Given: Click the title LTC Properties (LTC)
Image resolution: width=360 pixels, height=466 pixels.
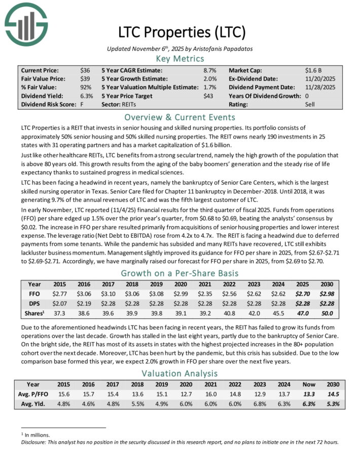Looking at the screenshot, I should pos(182,32).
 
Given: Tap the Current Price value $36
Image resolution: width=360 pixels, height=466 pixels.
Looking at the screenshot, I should pos(85,70).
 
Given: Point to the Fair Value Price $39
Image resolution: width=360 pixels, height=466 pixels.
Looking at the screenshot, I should pos(85,79).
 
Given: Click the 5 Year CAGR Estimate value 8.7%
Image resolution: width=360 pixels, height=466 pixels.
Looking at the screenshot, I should pos(210,70).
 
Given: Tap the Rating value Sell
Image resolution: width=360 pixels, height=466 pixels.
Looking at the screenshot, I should pos(310,105).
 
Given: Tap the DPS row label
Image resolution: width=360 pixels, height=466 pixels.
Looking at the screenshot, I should pos(34,304).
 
